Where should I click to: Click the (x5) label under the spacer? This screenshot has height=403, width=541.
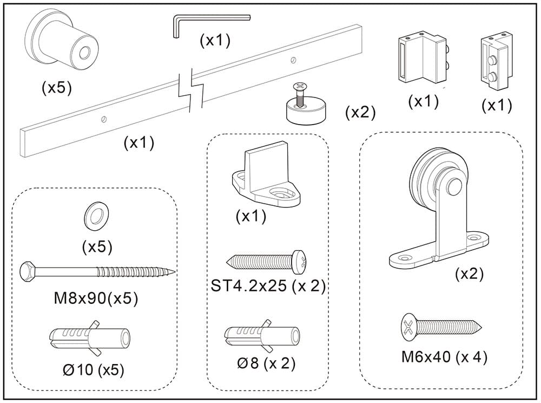coord(56,88)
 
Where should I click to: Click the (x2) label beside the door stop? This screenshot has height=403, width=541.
coord(360,113)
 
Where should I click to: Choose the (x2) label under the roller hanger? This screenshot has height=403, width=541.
coord(469,274)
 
